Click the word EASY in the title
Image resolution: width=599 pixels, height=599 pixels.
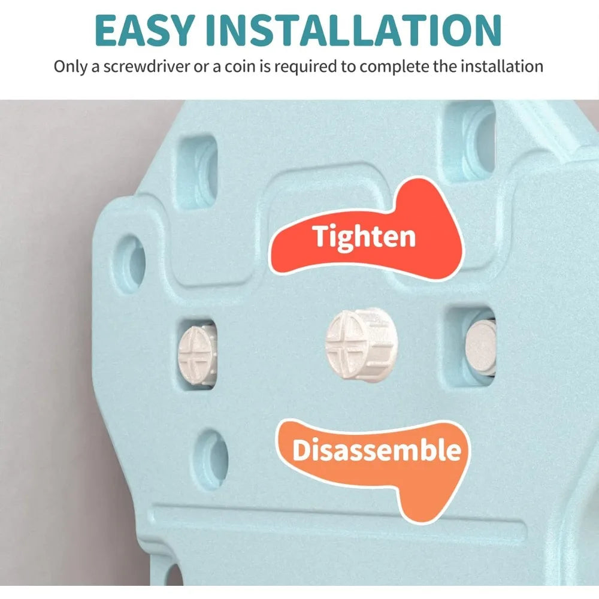point(144,30)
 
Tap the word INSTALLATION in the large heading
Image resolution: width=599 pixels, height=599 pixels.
point(354,30)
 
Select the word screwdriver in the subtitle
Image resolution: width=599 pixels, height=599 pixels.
point(146,66)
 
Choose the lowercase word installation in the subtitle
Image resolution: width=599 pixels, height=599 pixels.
point(502,66)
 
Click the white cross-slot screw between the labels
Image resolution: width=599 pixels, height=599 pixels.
point(361,346)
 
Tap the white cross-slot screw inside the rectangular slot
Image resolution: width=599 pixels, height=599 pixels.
point(197,352)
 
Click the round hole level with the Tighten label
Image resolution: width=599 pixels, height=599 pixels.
point(131,262)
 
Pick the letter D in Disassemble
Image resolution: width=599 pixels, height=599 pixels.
point(302,450)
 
